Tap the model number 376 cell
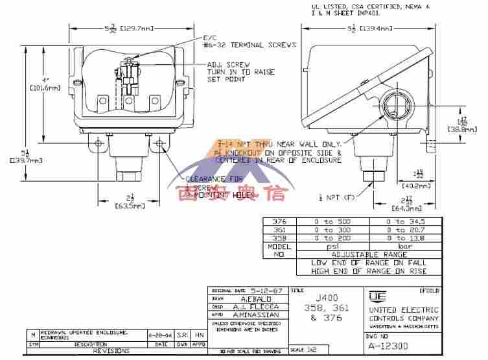coord(279,221)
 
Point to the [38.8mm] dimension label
coord(461,129)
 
